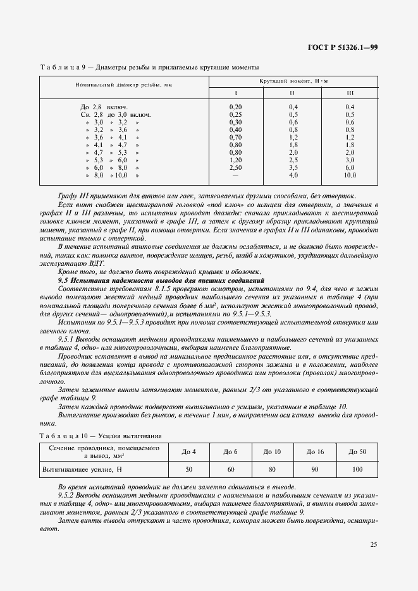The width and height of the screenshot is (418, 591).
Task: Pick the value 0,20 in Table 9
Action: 235,107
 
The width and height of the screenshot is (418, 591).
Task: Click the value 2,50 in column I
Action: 235,167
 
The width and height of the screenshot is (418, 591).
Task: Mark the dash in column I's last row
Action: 235,175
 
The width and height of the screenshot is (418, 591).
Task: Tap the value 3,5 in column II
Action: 293,167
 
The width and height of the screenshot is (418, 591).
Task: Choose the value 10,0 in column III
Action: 350,175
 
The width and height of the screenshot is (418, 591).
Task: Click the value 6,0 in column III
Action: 350,167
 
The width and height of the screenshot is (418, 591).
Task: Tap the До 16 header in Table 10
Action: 314,451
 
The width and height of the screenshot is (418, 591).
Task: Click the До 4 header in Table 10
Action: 188,451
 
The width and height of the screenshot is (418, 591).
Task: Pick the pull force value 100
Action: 357,470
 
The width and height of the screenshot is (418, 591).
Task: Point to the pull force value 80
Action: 273,470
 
